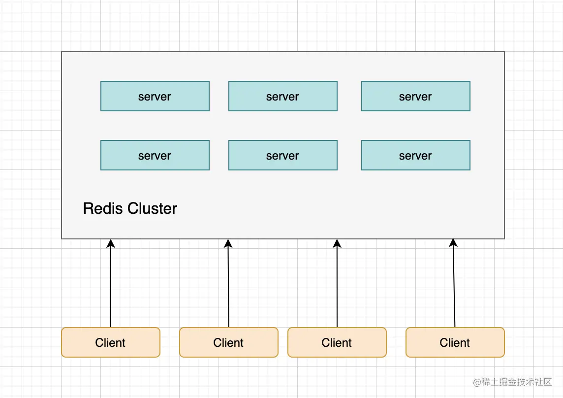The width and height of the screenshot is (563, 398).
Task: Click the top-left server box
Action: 155,96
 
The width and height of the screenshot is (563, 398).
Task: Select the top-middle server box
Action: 283,96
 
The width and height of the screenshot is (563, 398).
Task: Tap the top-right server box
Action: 416,96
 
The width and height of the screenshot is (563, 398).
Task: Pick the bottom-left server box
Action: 155,155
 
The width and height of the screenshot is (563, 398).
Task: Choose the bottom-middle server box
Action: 283,155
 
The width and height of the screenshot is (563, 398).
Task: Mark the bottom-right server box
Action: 416,155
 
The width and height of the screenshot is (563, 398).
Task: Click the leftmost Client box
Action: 111,342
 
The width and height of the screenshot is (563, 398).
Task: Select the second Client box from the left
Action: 229,342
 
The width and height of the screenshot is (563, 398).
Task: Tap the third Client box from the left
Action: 337,342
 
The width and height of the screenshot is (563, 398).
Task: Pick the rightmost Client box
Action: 455,342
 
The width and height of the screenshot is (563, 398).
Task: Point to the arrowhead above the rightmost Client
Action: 453,242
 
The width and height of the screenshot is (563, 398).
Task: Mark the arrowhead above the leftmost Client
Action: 111,243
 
